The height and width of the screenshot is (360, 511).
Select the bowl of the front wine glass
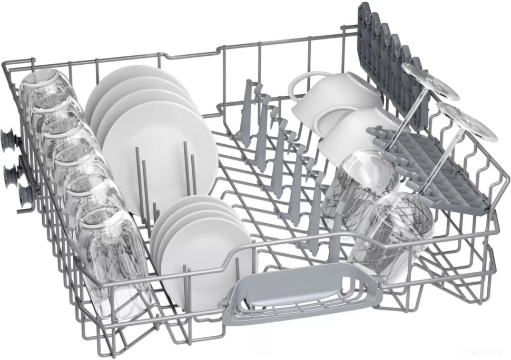point(392,232)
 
